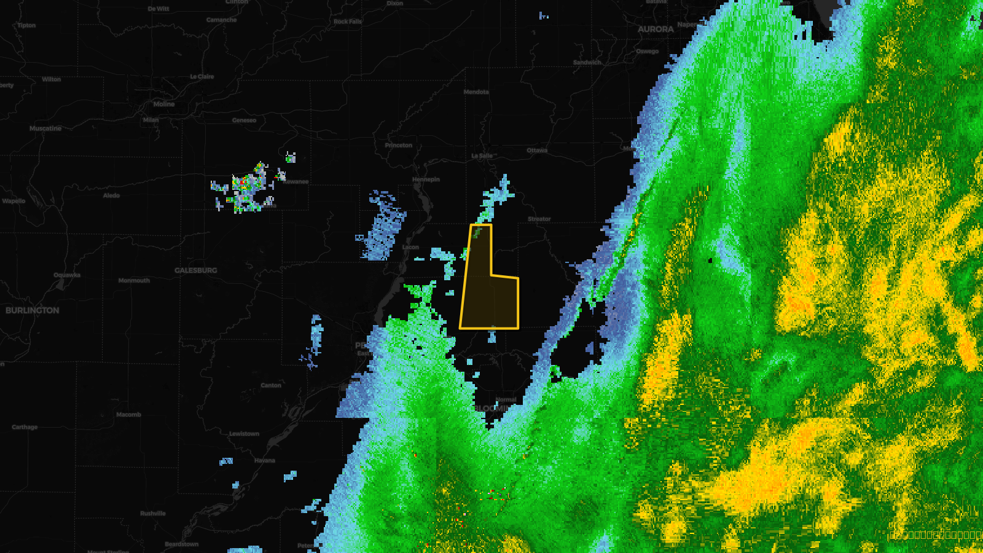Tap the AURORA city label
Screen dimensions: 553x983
(x=656, y=29)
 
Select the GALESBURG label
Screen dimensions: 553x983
(x=195, y=270)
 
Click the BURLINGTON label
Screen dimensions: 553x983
(x=33, y=310)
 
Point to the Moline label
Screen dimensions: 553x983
(x=164, y=104)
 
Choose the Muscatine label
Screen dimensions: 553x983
(x=45, y=128)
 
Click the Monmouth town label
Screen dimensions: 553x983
(x=134, y=280)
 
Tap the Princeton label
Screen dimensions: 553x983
(x=399, y=146)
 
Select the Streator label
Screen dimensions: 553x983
(x=539, y=219)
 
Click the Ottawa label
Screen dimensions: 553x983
(x=537, y=151)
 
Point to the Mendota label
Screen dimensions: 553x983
(x=476, y=92)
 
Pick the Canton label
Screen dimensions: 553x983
(x=271, y=385)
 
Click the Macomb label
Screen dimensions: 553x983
(x=128, y=415)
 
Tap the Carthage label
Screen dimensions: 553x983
(x=25, y=427)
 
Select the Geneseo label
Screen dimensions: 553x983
(x=244, y=120)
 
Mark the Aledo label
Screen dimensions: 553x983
(x=111, y=195)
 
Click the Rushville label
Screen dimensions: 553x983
(x=153, y=513)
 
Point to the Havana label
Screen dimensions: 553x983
(x=265, y=460)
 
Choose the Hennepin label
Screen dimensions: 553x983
(x=426, y=179)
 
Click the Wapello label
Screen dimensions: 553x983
(x=14, y=201)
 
